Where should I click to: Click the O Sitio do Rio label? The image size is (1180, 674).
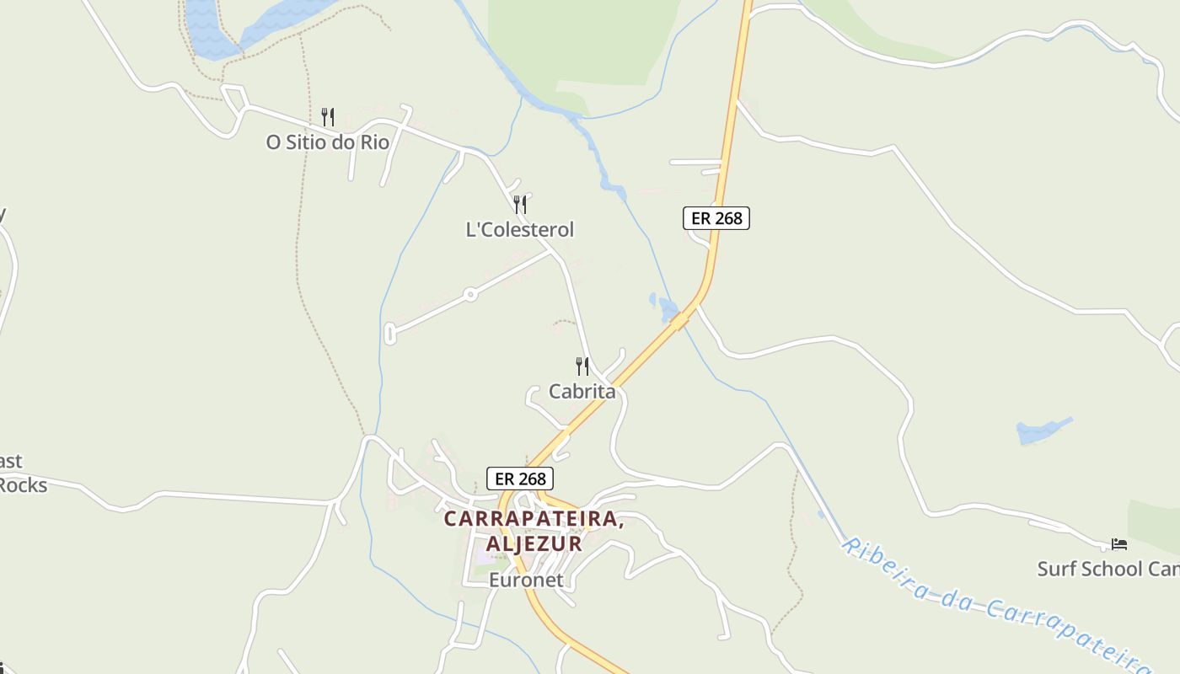(328, 142)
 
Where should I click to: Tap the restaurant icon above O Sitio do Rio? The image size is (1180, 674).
(328, 117)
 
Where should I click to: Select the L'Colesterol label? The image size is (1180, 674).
(520, 229)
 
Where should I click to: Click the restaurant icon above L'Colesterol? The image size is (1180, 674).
(520, 204)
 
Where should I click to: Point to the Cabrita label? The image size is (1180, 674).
(582, 392)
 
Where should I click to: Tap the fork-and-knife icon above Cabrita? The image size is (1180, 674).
(582, 366)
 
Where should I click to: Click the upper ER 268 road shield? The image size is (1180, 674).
(716, 218)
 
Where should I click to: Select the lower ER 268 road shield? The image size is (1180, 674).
(520, 479)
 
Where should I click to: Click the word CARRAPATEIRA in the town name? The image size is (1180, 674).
(534, 519)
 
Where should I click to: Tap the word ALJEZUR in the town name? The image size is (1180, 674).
(534, 543)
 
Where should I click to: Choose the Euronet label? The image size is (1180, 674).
(526, 580)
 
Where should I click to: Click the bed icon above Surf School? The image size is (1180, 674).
(1119, 544)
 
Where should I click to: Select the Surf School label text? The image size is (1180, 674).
(1108, 570)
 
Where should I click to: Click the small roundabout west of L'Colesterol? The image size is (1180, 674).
(470, 294)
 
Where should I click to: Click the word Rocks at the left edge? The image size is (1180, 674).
(23, 485)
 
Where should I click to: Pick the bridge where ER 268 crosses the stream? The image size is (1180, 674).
(679, 321)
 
